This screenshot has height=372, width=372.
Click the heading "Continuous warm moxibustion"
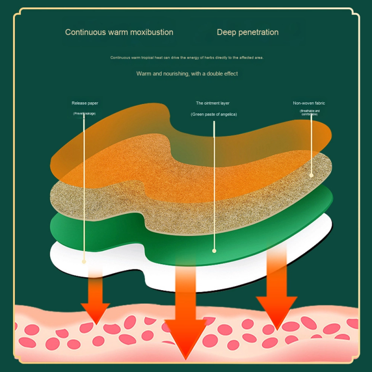point(119,32)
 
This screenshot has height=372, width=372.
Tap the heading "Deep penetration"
point(247,32)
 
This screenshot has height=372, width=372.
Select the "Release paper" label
point(85,103)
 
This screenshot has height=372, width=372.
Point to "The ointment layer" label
point(213,103)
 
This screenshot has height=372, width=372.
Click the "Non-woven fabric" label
point(309,103)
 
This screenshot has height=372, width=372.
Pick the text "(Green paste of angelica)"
point(213,114)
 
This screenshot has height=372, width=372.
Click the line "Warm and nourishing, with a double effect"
point(187,73)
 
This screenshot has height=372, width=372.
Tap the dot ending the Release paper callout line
point(84,261)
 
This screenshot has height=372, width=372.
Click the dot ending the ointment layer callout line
point(214,251)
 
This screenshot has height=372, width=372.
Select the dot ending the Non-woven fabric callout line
point(312,175)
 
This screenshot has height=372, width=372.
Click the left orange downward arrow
point(95,302)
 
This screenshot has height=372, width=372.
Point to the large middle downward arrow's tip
point(186,356)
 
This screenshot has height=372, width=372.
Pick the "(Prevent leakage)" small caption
point(84,113)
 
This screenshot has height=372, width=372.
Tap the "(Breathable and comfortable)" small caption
point(309,113)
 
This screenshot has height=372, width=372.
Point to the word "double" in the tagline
point(209,73)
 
